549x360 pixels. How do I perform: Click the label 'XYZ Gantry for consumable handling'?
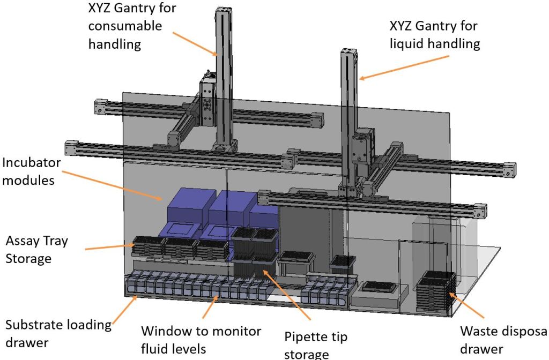(x=131, y=26)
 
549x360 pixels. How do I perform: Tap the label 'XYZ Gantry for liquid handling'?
(x=434, y=35)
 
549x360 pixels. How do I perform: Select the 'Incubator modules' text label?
(x=32, y=171)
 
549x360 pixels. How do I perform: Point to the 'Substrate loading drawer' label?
(x=58, y=333)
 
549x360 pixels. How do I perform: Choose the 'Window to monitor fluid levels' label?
(x=201, y=340)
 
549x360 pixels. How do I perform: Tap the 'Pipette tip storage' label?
(x=316, y=345)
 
